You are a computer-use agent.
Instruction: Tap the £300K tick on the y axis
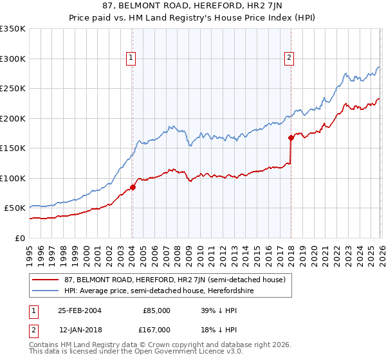coord(13,59)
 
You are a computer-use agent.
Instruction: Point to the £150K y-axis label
coord(13,148)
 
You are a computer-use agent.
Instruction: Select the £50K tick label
coord(15,208)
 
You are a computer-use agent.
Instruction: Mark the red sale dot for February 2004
coord(133,187)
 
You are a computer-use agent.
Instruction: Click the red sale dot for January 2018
coord(291,138)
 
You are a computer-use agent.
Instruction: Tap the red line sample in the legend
coord(46,279)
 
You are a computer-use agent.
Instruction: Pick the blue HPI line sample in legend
coord(46,291)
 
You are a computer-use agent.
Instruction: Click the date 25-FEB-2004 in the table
coord(79,310)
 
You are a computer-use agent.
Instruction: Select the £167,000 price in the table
coord(156,330)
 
